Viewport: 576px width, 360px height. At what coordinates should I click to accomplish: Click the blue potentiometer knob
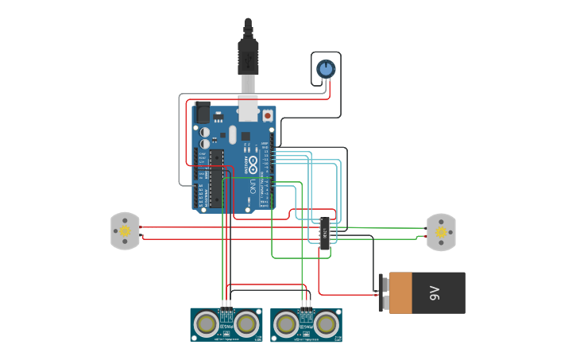tap(326, 68)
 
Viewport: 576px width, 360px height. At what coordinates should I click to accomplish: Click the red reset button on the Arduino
tap(268, 116)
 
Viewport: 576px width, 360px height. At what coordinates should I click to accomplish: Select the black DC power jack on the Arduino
tap(202, 114)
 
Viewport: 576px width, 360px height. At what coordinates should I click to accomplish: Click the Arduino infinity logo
tap(253, 165)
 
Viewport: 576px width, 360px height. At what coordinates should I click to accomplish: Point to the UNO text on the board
tap(253, 188)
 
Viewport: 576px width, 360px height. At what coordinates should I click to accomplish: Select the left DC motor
tap(125, 230)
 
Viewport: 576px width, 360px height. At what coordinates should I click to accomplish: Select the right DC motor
tap(441, 232)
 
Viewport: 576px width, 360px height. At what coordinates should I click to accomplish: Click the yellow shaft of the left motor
tap(126, 230)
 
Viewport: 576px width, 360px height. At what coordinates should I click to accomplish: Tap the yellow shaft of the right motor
tap(440, 232)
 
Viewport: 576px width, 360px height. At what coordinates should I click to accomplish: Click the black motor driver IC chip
tap(324, 232)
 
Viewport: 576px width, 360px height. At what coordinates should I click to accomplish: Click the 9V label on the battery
tap(434, 293)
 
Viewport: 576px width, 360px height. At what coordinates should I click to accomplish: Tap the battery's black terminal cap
tap(384, 292)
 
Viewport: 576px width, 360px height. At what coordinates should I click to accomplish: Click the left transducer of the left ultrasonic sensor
tap(207, 324)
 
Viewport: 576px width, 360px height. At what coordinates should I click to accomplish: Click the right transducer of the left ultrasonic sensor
tap(247, 324)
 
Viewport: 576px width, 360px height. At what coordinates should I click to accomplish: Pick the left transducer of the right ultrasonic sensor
tap(286, 324)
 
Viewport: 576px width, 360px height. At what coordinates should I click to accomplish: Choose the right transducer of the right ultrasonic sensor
tap(327, 324)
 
